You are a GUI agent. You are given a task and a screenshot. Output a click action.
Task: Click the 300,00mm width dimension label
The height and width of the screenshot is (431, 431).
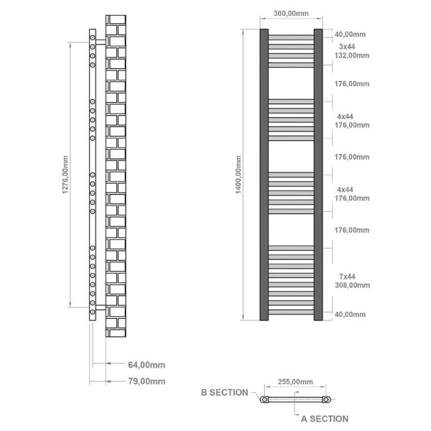click(x=291, y=14)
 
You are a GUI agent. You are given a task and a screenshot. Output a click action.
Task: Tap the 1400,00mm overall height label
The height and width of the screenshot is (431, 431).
click(x=238, y=175)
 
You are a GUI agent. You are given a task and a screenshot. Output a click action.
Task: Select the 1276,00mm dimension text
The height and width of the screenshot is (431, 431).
click(x=65, y=175)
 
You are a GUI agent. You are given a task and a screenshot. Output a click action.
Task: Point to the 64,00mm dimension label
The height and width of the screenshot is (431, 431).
click(x=147, y=365)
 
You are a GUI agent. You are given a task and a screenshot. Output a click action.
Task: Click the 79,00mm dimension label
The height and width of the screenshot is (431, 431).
click(x=147, y=381)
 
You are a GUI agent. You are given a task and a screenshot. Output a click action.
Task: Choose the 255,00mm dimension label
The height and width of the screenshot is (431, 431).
click(x=295, y=382)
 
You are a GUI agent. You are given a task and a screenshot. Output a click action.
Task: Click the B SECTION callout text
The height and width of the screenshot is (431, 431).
click(x=225, y=392)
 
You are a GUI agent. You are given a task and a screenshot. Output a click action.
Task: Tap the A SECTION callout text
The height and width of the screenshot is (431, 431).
click(x=325, y=419)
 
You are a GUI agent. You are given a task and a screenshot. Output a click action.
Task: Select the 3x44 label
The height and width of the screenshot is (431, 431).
click(x=347, y=47)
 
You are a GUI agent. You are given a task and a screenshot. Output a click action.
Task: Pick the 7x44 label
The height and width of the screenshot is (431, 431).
click(x=347, y=277)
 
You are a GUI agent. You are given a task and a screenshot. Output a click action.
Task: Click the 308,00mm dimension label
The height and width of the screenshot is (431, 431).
click(x=353, y=285)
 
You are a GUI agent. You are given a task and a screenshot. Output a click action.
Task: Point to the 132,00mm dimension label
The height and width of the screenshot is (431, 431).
click(x=352, y=55)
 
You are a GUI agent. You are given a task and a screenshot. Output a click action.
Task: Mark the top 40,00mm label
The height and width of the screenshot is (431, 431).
click(x=351, y=34)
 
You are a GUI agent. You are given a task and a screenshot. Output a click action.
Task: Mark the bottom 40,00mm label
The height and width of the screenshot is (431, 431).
click(x=351, y=315)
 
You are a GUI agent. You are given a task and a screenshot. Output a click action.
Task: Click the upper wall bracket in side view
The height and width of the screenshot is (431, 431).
click(x=101, y=42)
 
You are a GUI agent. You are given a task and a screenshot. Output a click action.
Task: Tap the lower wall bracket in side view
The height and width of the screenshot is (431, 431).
click(x=101, y=307)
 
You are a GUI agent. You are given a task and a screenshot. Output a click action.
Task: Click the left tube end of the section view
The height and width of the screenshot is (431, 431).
click(x=264, y=399)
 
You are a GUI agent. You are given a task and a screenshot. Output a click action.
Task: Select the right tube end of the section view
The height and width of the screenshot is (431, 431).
click(x=326, y=399)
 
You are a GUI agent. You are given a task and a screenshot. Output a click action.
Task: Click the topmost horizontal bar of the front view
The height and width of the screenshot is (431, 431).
click(x=291, y=37)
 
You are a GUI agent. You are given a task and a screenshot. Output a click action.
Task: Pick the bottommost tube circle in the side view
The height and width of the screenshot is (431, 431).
click(x=93, y=312)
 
